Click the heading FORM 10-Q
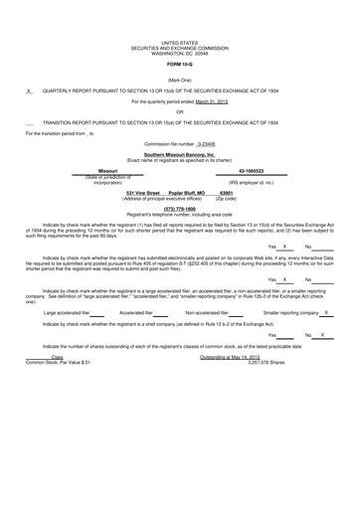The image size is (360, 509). (180, 65)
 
